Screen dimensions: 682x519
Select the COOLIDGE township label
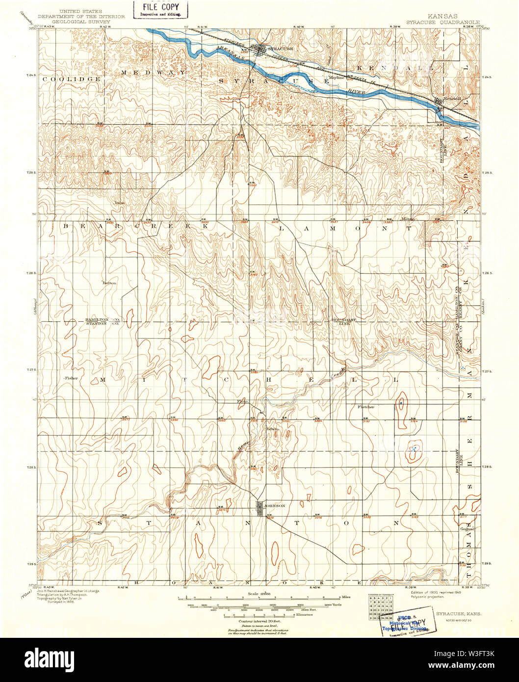tap(72, 79)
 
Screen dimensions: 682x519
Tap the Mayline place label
tap(336, 77)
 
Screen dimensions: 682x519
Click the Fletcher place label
tap(366, 407)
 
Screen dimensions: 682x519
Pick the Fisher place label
tap(72, 378)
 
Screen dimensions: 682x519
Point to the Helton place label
tap(109, 283)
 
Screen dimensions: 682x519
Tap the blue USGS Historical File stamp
tap(405, 623)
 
